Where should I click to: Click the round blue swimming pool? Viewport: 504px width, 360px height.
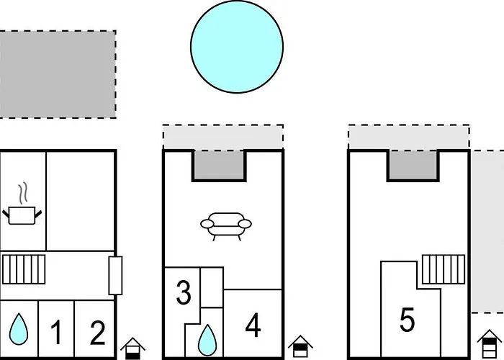pyautogui.click(x=237, y=47)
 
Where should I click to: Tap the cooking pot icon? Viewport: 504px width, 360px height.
pyautogui.click(x=22, y=215)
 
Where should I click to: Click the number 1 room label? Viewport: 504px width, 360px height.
pyautogui.click(x=56, y=332)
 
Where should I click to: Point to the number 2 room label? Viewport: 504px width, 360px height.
pyautogui.click(x=98, y=333)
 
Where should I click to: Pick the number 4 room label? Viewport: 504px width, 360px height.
pyautogui.click(x=253, y=325)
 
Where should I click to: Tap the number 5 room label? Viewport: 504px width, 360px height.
pyautogui.click(x=408, y=319)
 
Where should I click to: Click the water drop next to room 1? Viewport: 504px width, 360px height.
pyautogui.click(x=19, y=329)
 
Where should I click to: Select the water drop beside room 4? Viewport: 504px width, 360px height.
pyautogui.click(x=207, y=340)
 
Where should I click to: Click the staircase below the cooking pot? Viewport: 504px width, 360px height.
pyautogui.click(x=24, y=269)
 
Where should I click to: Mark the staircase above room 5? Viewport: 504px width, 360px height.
pyautogui.click(x=444, y=269)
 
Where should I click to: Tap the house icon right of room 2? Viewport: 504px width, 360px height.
pyautogui.click(x=132, y=348)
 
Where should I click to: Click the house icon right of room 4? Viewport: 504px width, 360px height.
pyautogui.click(x=300, y=346)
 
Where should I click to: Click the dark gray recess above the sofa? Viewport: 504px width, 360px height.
pyautogui.click(x=219, y=164)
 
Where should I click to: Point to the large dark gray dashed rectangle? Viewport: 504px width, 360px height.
pyautogui.click(x=58, y=75)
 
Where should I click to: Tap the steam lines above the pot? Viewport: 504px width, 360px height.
pyautogui.click(x=22, y=194)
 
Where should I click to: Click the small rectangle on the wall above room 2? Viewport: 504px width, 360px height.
pyautogui.click(x=115, y=276)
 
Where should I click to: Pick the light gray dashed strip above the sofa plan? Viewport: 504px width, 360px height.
pyautogui.click(x=223, y=137)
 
